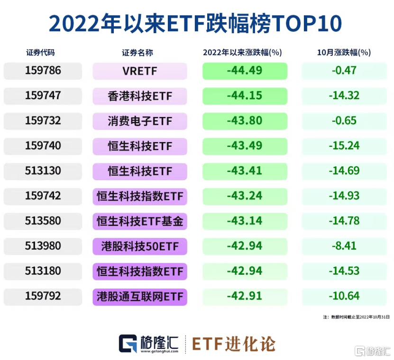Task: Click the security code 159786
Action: [43, 71]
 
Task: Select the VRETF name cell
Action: [140, 71]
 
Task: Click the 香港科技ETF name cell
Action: [140, 96]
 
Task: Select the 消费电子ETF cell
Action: [140, 121]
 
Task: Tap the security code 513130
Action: [43, 171]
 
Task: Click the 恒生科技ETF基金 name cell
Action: [140, 221]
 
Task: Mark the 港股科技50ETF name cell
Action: [140, 246]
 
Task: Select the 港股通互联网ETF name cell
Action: [140, 297]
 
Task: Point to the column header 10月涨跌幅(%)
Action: [343, 53]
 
